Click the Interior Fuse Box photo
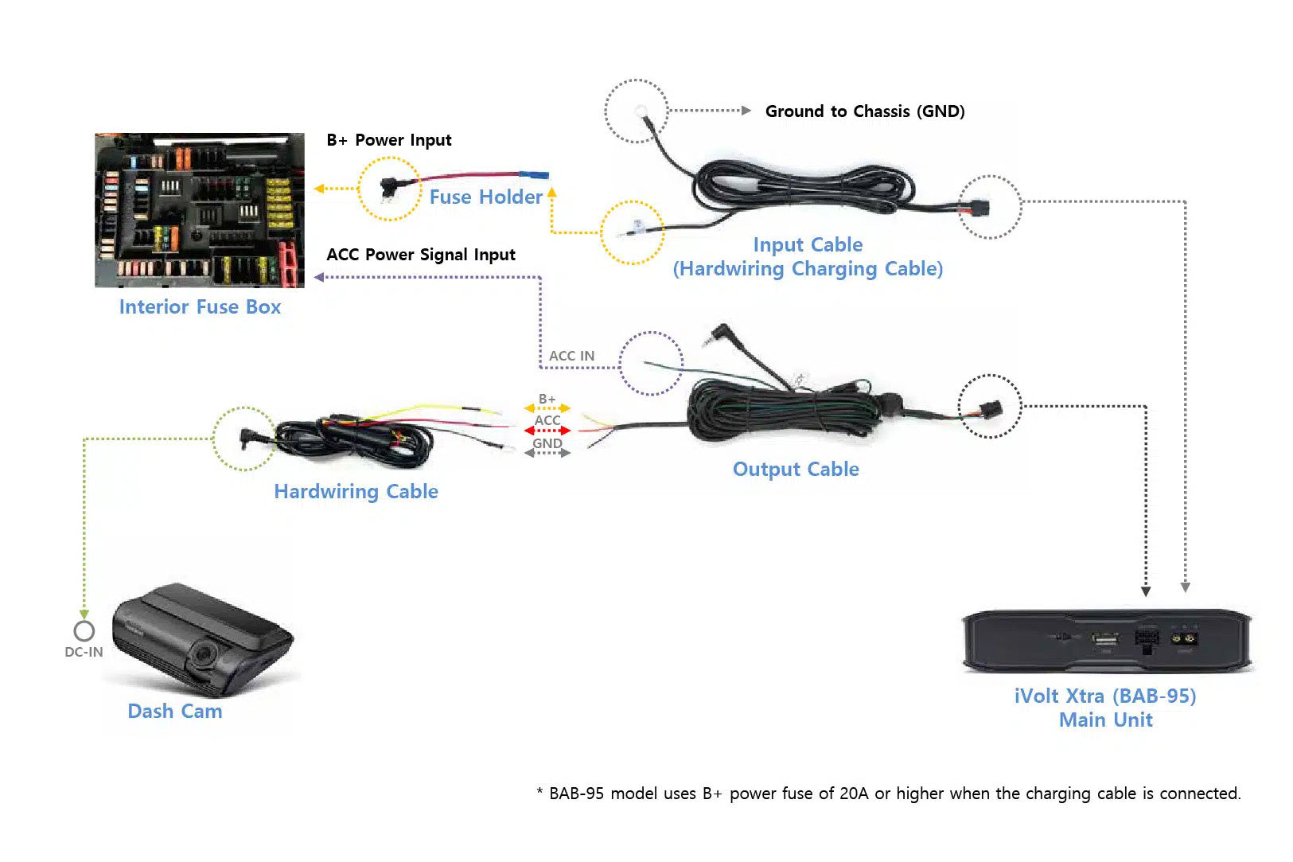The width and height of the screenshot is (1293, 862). (x=199, y=210)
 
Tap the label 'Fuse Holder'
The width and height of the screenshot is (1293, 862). (x=485, y=197)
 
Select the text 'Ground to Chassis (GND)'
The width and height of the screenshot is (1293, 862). (x=864, y=111)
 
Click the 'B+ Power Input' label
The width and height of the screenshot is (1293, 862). (x=388, y=141)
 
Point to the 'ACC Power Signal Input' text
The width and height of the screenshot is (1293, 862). (x=420, y=255)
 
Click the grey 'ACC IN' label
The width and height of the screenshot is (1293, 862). (x=571, y=356)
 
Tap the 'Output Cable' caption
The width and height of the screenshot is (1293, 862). (x=795, y=470)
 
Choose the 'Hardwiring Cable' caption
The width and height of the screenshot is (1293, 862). (x=356, y=492)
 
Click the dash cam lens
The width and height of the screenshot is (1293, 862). (x=203, y=655)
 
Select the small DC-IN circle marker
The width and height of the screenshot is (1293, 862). (x=84, y=631)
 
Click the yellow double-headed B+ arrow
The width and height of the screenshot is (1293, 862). (x=547, y=408)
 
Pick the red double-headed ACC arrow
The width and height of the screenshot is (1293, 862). (x=547, y=431)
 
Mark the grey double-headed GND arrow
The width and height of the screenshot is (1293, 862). (x=547, y=453)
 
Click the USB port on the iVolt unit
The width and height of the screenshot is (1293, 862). (x=1104, y=639)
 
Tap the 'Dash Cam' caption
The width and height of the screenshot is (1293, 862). (x=174, y=712)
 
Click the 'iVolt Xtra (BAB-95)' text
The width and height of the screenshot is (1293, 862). (x=1104, y=696)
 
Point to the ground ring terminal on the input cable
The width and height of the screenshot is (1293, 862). (x=641, y=111)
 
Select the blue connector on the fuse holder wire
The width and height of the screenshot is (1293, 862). (x=533, y=175)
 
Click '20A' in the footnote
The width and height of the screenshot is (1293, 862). (x=854, y=794)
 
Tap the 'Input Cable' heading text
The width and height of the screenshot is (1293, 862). (x=808, y=245)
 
